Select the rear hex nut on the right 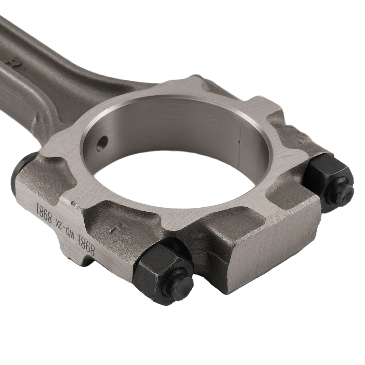(x=328, y=179)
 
